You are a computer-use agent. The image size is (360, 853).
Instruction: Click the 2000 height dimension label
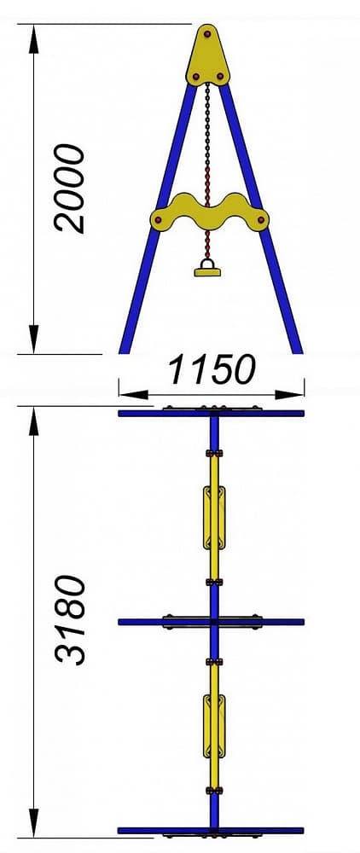point(70,189)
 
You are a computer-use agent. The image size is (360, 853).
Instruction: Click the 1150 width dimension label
point(211,369)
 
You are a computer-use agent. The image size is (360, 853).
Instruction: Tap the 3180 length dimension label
point(70,620)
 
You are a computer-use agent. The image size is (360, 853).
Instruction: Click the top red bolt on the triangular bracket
point(208,34)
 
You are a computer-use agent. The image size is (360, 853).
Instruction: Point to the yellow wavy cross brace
point(209,212)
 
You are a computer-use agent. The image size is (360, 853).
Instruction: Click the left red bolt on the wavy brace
point(158,220)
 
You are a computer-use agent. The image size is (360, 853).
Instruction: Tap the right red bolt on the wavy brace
point(261,220)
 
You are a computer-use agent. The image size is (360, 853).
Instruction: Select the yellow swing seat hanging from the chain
point(208,269)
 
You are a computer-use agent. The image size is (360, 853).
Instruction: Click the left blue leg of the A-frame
point(158,218)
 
